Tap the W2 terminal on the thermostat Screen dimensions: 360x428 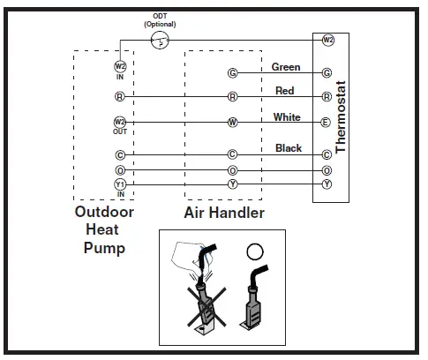coord(327,41)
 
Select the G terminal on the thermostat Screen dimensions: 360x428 coord(327,73)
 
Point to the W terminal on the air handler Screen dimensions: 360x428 coord(232,123)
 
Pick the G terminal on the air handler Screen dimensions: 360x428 coord(232,73)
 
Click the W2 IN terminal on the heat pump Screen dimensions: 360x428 coord(120,66)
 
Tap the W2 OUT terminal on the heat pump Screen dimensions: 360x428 coord(120,122)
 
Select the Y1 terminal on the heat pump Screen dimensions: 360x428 coord(120,184)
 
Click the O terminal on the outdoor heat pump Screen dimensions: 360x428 coord(120,169)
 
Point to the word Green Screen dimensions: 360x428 coord(286,67)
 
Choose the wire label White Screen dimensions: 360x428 coord(287,117)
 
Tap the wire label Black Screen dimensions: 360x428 coord(289,148)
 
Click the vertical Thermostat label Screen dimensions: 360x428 coord(341,116)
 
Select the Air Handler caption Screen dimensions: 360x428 coord(224,214)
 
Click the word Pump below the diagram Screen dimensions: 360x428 coord(104,248)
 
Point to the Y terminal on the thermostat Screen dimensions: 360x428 coord(327,184)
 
